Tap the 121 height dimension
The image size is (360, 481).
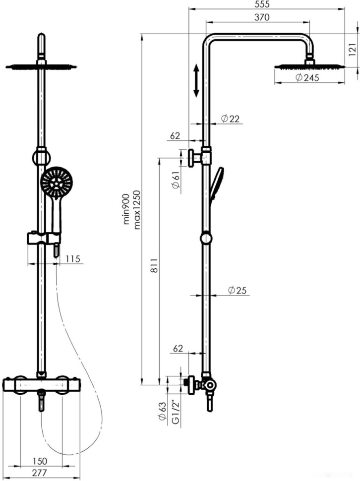tap(353, 50)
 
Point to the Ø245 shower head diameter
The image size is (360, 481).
tap(307, 77)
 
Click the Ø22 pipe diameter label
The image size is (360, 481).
tap(230, 119)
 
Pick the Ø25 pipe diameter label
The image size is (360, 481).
tap(237, 290)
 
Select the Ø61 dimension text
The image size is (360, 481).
tap(176, 180)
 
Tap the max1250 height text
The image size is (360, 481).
tap(137, 210)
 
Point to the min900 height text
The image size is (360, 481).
tap(126, 210)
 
